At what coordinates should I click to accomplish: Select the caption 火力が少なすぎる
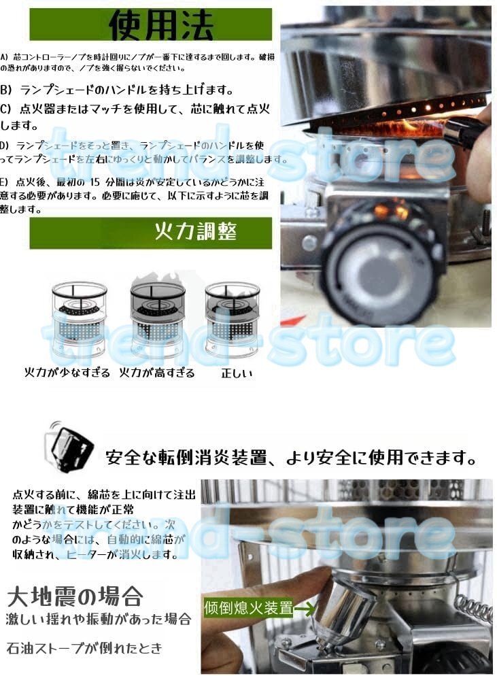(67, 373)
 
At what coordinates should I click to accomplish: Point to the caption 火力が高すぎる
(156, 373)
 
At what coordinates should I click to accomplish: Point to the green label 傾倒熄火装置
(248, 607)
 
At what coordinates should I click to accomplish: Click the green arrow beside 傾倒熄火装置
(304, 608)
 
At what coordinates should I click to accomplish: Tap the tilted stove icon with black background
(70, 445)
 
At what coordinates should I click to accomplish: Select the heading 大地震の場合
(75, 597)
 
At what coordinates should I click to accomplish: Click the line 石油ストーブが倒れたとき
(85, 648)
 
